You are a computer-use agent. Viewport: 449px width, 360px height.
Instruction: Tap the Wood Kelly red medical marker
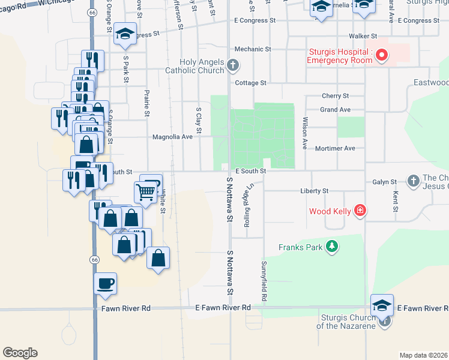coord(360,210)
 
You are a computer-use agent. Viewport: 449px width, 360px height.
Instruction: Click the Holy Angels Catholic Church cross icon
coord(233,65)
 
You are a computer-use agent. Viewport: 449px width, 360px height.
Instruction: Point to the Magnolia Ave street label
coord(172,137)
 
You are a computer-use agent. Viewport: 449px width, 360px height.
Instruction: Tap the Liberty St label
coord(315,191)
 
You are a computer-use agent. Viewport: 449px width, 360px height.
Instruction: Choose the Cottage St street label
coord(250,83)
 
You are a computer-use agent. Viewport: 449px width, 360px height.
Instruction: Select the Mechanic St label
coord(253,49)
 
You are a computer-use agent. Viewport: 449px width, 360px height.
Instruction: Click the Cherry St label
coord(335,96)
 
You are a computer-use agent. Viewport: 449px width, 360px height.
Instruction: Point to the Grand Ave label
coord(335,110)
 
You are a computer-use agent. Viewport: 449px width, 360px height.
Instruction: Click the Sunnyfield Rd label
coord(263,281)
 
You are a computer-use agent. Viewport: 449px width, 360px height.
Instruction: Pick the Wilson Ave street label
coord(305,133)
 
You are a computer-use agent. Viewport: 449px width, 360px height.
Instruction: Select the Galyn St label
coord(385,182)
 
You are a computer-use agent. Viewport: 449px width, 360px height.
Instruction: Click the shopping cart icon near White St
coord(146,192)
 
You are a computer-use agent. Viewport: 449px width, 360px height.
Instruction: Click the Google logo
coord(20,353)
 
